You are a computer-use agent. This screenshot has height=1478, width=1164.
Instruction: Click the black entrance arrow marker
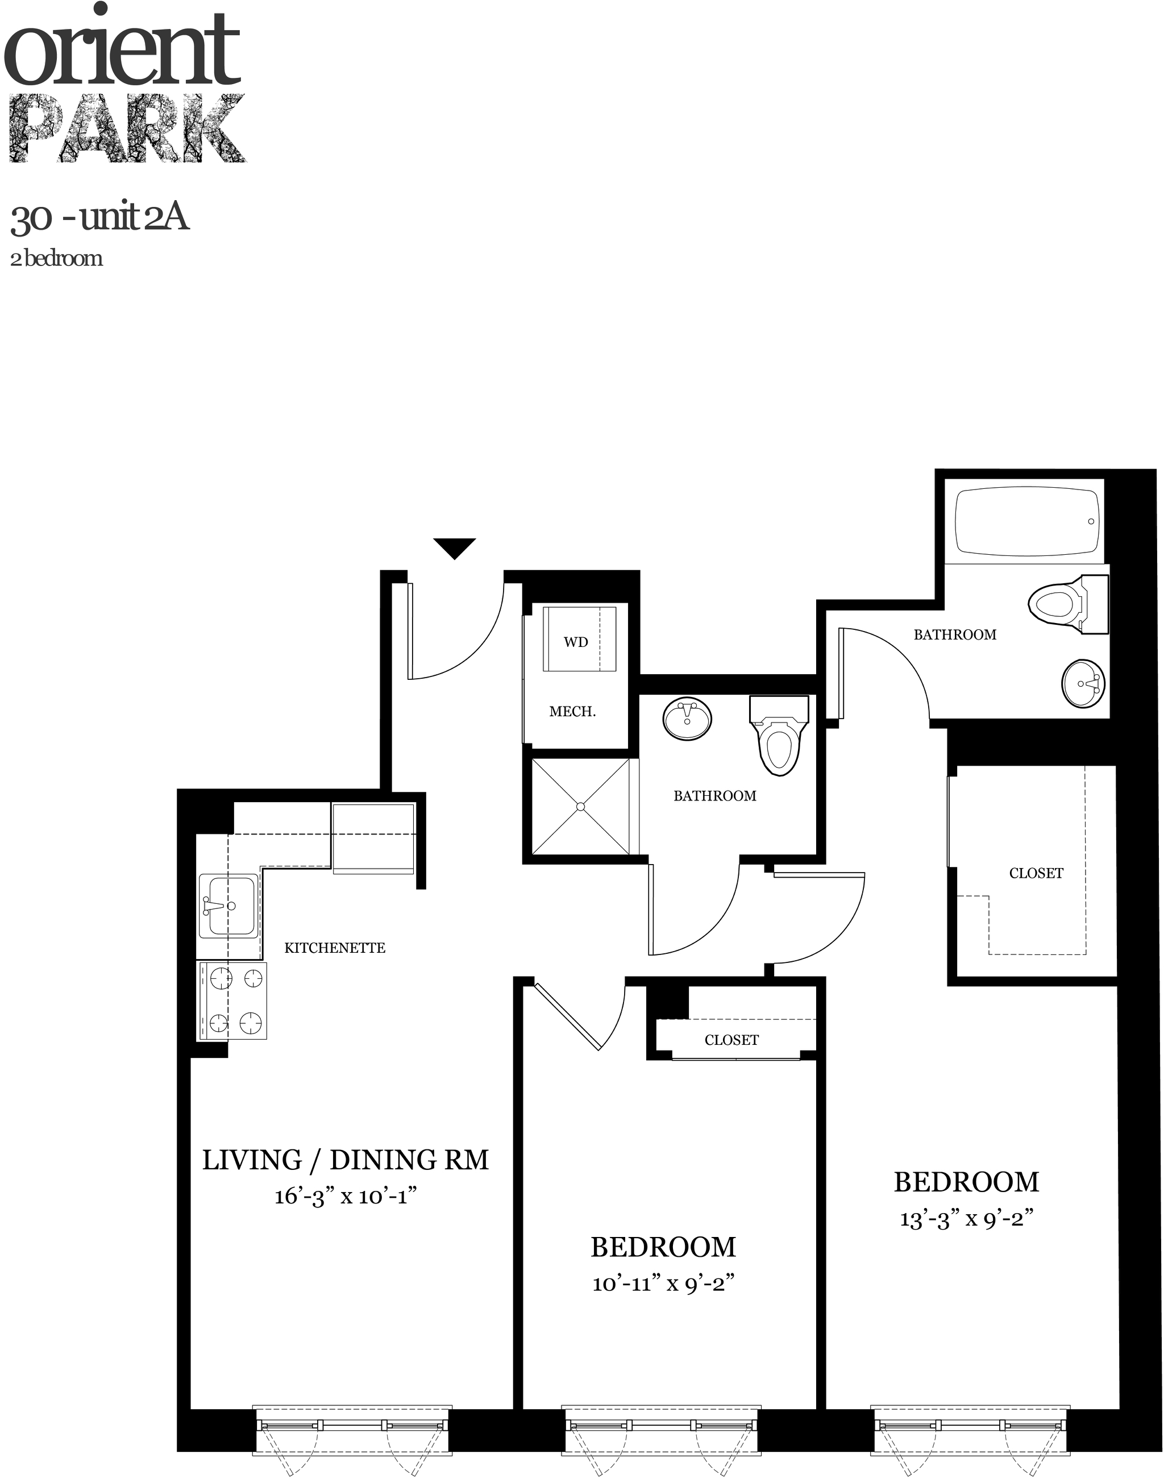tap(455, 547)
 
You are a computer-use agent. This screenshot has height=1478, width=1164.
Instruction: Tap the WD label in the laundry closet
tap(575, 642)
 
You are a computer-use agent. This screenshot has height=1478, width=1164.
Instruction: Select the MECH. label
tap(572, 712)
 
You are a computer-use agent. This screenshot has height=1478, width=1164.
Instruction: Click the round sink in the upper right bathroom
tap(1082, 684)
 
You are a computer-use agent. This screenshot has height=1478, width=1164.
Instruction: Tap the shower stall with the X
tap(581, 807)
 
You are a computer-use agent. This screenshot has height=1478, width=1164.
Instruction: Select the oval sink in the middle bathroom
tap(687, 718)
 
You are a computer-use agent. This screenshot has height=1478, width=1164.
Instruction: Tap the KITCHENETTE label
tap(335, 948)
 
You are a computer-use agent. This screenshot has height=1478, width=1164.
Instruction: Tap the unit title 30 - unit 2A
tap(99, 218)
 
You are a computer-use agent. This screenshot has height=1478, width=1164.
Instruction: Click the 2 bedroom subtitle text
tap(57, 259)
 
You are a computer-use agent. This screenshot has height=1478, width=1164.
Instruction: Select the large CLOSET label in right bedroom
tap(1036, 873)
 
